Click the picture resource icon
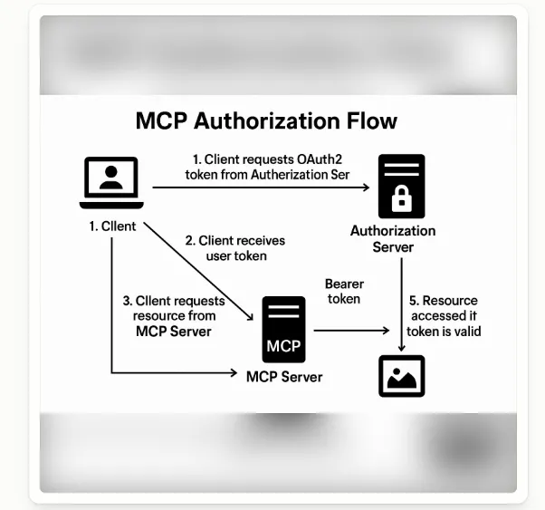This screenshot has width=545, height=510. (x=401, y=376)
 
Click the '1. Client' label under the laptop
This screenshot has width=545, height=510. (x=112, y=226)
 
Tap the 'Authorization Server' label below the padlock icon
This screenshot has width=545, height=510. (x=393, y=238)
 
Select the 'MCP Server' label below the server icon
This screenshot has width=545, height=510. (x=284, y=376)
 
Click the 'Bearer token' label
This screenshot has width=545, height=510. (x=343, y=291)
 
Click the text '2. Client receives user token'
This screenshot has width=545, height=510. (x=234, y=248)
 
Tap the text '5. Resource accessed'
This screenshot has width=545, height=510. (x=445, y=308)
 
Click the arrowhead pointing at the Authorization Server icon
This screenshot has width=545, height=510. (x=366, y=187)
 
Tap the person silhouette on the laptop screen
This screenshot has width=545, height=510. (x=111, y=178)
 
